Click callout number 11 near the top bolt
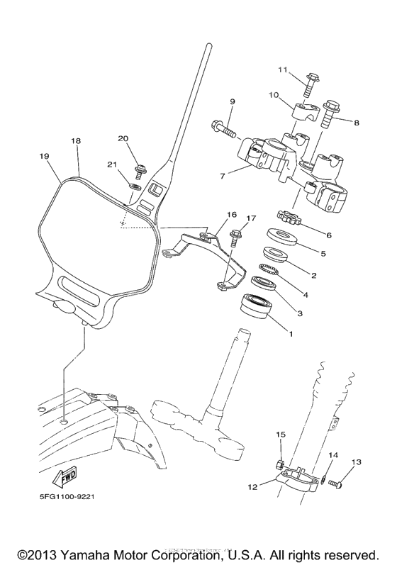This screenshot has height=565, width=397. tap(283, 70)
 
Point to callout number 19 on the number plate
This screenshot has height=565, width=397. tap(44, 155)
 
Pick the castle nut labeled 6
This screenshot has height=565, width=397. tap(289, 220)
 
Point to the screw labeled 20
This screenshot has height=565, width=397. tap(142, 167)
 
